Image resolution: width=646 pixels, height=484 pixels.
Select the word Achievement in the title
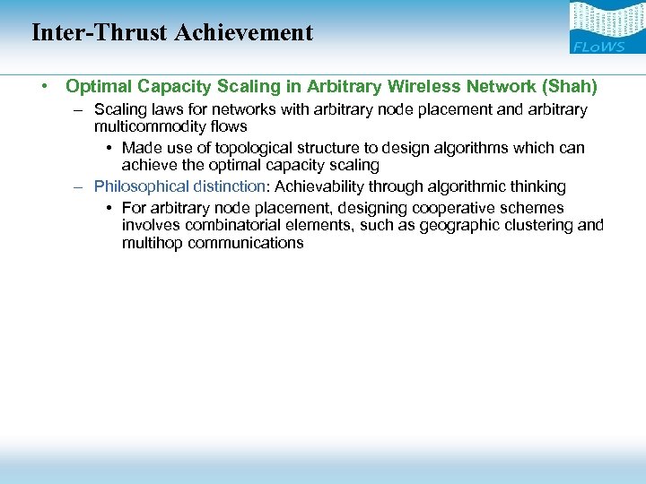point(244,33)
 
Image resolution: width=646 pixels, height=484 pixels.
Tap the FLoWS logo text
point(598,47)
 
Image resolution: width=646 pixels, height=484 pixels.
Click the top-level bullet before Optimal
point(43,87)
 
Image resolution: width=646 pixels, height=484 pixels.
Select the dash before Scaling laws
point(78,110)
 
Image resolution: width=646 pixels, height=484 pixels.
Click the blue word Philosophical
point(140,186)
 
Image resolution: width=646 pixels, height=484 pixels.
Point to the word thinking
point(536,186)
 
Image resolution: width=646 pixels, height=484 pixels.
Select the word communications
point(246,243)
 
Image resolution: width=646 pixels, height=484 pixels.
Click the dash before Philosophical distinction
point(78,187)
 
